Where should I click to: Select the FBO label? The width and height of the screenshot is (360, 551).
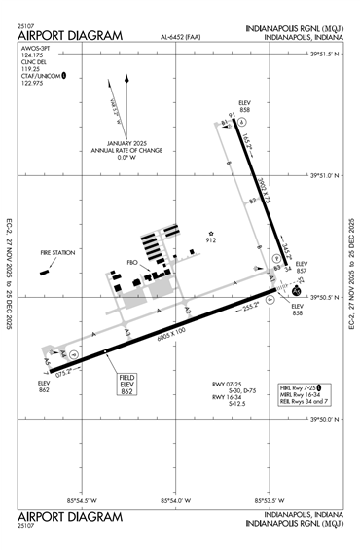pos(133,263)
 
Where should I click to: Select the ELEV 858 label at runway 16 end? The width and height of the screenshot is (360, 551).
pos(244,108)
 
